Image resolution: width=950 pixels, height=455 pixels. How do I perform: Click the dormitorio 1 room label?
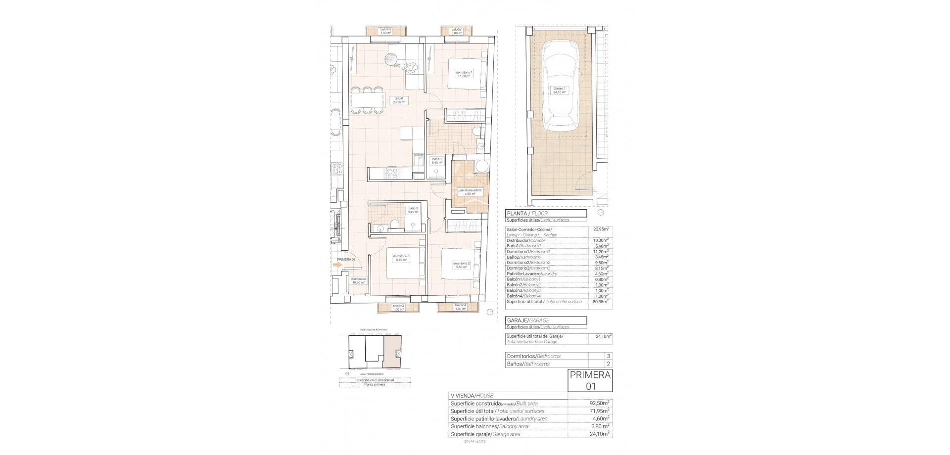pyautogui.click(x=464, y=74)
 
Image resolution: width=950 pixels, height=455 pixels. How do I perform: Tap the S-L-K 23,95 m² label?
pyautogui.click(x=399, y=100)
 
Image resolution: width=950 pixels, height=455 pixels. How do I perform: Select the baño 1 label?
pyautogui.click(x=436, y=161)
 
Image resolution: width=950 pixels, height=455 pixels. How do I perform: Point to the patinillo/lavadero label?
pyautogui.click(x=470, y=192)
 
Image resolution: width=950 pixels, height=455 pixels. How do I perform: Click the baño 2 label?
pyautogui.click(x=413, y=210)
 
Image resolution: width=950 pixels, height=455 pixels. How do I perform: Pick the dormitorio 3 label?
pyautogui.click(x=401, y=258)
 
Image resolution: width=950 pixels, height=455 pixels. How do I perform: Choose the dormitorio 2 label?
pyautogui.click(x=461, y=265)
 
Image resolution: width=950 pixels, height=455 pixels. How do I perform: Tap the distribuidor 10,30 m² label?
pyautogui.click(x=358, y=280)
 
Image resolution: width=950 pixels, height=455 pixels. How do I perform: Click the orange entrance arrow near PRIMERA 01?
pyautogui.click(x=337, y=265)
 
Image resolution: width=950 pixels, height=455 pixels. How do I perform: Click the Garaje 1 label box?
pyautogui.click(x=560, y=91)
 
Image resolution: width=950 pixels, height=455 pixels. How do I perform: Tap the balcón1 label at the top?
pyautogui.click(x=456, y=31)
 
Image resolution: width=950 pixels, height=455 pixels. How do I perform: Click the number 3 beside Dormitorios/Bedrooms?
pyautogui.click(x=608, y=356)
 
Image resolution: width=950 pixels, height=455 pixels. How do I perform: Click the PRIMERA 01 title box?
pyautogui.click(x=590, y=380)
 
